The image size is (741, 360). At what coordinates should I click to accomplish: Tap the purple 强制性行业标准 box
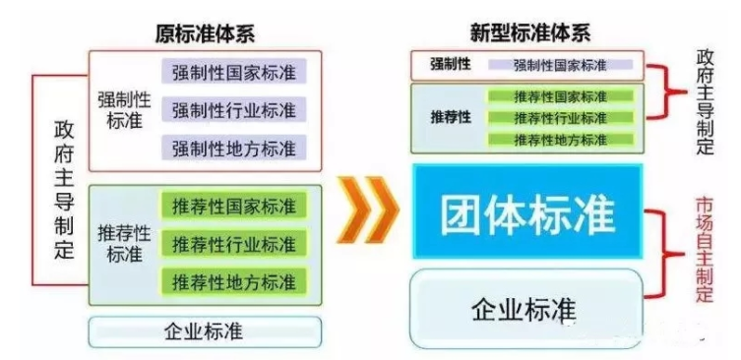pos(233,109)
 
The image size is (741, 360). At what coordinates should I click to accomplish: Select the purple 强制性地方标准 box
pos(233,148)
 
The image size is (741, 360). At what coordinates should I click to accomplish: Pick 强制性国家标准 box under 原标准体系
pos(233,72)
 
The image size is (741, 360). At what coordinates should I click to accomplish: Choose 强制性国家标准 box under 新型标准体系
pos(560,65)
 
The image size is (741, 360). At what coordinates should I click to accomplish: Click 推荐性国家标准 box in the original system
pos(233,207)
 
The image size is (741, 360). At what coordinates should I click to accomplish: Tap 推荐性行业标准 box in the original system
pos(233,243)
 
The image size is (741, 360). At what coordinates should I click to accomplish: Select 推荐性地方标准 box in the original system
pos(233,280)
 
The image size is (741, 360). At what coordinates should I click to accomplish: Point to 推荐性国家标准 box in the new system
pos(560,96)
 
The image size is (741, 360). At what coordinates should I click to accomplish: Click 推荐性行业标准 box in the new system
pos(560,117)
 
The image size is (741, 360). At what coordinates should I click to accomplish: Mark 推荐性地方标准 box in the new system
pos(560,139)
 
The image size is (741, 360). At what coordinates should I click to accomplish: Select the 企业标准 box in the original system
pos(205,331)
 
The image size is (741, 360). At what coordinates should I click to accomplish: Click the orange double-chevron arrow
pos(367,209)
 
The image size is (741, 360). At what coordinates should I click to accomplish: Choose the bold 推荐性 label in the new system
pos(450,118)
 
